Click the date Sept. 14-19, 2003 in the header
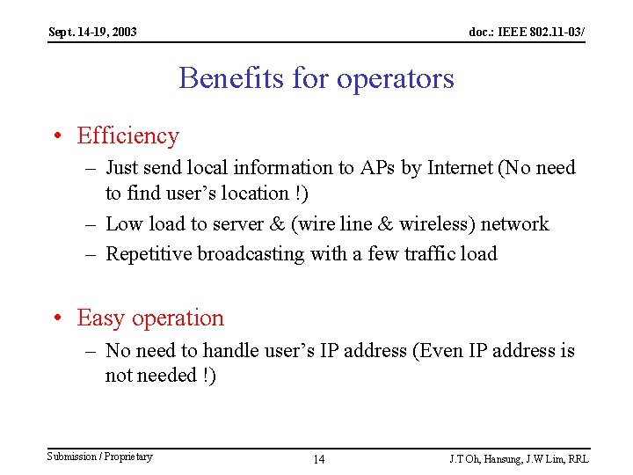(x=92, y=33)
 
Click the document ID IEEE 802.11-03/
(x=527, y=33)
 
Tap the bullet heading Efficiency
(x=127, y=135)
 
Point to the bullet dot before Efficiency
(x=55, y=136)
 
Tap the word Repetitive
(x=149, y=254)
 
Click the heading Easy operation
(x=150, y=318)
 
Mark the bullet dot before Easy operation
(x=55, y=318)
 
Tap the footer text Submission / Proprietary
(x=99, y=457)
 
